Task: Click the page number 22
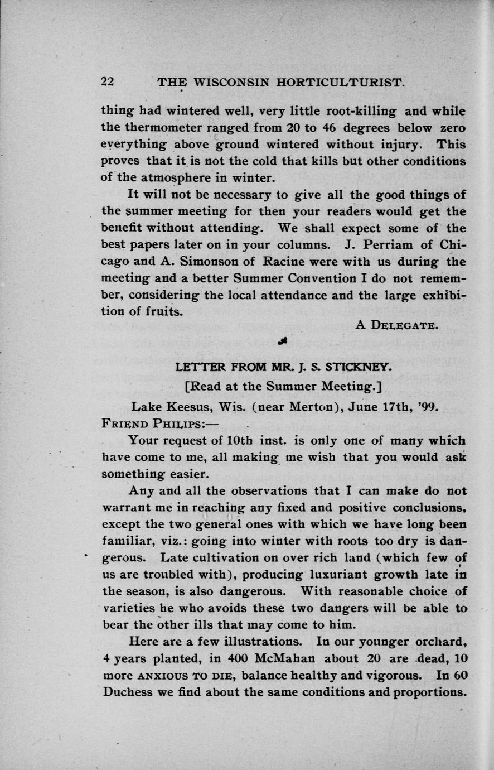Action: pyautogui.click(x=108, y=81)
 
